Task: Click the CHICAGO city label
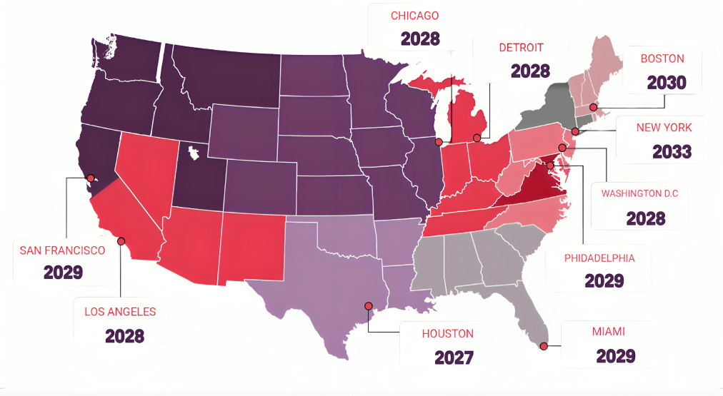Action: click(414, 16)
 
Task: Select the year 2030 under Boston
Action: click(666, 83)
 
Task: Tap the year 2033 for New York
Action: click(672, 151)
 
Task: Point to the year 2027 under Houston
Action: click(454, 357)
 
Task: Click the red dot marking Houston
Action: click(369, 306)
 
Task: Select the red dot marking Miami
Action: click(544, 347)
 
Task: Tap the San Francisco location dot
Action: click(91, 178)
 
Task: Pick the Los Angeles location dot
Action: click(121, 242)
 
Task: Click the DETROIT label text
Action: click(521, 48)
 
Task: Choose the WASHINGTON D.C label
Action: click(639, 193)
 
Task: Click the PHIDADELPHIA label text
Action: click(599, 258)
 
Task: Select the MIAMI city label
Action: click(608, 331)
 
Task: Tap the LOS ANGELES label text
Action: click(120, 312)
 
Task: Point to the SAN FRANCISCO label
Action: click(62, 250)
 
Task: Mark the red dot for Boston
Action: click(593, 107)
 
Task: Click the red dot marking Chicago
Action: click(439, 142)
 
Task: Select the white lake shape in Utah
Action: click(193, 151)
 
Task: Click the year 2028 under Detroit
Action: click(530, 71)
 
